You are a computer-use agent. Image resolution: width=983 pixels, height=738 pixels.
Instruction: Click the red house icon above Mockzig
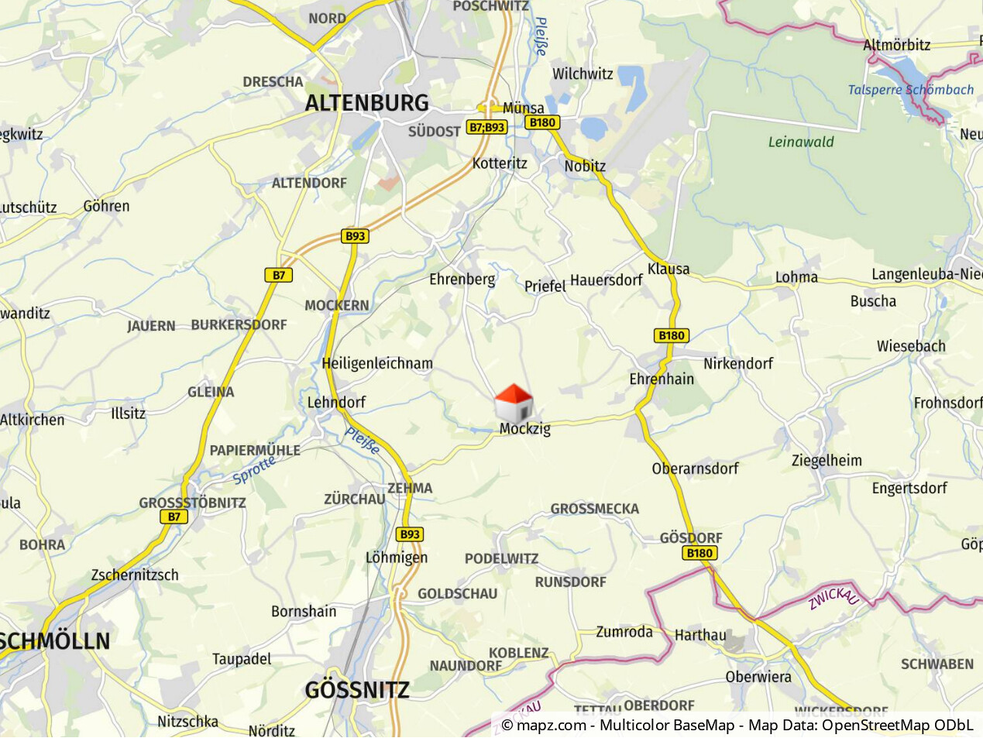514,403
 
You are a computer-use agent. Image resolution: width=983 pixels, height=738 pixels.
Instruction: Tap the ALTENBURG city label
366,103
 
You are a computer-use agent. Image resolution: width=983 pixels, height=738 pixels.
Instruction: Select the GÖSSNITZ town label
357,690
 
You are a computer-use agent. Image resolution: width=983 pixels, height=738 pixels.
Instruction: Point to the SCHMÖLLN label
54,641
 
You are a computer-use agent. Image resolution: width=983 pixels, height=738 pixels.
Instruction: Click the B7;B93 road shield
486,127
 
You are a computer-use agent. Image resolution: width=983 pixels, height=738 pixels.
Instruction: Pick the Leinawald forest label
801,142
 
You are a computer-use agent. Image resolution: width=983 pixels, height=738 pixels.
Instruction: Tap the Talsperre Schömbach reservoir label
910,90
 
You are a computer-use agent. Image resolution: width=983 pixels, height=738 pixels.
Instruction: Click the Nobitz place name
585,166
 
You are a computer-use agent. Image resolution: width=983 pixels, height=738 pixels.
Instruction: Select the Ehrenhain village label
662,379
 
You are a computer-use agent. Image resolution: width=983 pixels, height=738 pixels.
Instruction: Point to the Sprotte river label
254,470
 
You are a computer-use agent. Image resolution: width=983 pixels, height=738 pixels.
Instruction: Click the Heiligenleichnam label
377,363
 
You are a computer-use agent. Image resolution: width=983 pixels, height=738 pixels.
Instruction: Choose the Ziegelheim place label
827,460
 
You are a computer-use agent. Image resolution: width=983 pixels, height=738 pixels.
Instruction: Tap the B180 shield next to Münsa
542,122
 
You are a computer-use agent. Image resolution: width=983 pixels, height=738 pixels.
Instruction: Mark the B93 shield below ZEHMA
410,534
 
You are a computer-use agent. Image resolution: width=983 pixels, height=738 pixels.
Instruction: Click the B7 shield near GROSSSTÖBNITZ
174,517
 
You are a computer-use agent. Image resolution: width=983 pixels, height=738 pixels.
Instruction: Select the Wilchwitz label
583,74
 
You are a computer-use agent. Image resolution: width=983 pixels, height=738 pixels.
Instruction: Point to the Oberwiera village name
758,677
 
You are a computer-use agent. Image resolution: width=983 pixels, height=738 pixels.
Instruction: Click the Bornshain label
304,611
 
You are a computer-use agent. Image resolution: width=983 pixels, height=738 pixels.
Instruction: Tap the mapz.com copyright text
543,726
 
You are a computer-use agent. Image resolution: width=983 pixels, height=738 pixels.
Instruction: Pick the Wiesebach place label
911,346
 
